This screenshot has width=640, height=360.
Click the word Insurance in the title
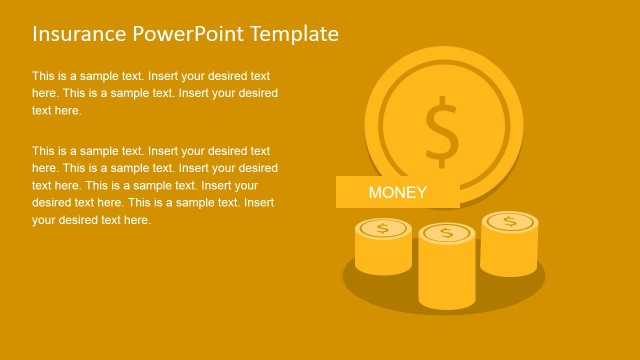click(x=79, y=34)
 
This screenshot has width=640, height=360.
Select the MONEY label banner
click(x=397, y=192)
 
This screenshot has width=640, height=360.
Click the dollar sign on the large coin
click(x=440, y=130)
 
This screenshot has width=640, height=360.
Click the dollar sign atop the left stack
click(x=382, y=229)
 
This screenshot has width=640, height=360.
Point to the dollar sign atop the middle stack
click(x=446, y=234)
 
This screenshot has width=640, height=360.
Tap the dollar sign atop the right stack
click(x=510, y=221)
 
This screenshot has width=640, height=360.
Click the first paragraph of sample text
click(x=154, y=93)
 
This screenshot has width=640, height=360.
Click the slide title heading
click(x=185, y=34)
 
